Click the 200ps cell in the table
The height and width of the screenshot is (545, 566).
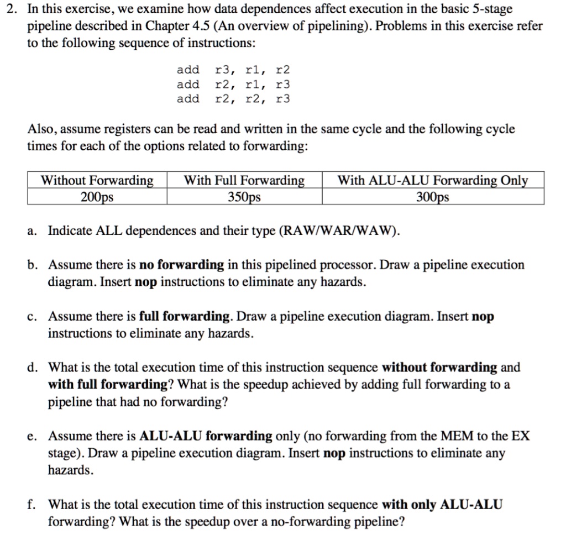coord(97,197)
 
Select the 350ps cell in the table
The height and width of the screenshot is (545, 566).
coord(244,197)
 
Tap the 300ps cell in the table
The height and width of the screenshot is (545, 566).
coord(433,197)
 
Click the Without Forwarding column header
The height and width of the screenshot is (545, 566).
coord(97,181)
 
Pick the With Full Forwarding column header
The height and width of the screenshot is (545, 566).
coord(244,181)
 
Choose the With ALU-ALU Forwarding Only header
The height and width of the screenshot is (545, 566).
coord(433,181)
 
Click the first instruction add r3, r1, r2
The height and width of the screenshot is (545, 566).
coord(233,70)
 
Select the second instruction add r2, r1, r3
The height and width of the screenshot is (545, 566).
coord(233,85)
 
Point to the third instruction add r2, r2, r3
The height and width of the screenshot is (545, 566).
coord(233,99)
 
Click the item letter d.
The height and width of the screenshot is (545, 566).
coord(32,368)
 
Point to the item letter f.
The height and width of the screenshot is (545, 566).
coord(32,505)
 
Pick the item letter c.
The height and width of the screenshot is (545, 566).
coord(32,317)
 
